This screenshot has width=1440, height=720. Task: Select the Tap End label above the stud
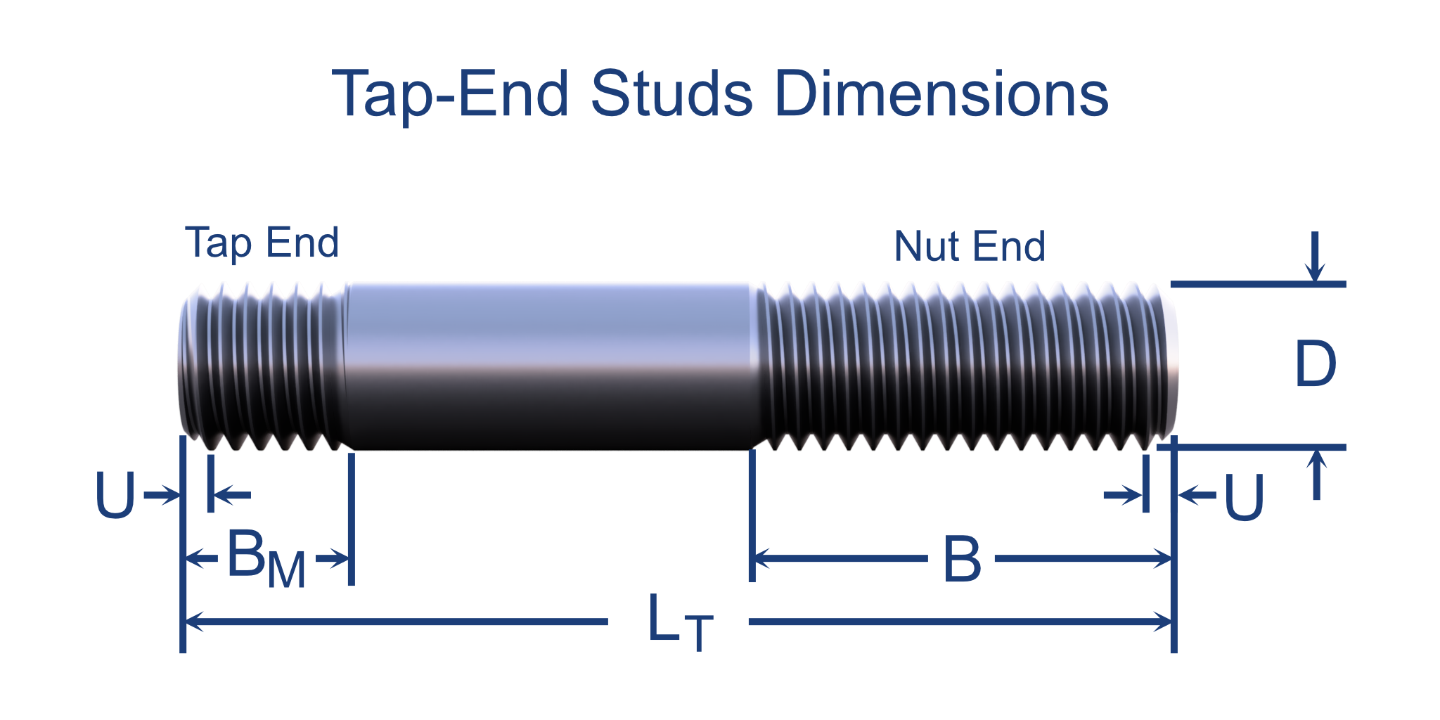click(x=262, y=243)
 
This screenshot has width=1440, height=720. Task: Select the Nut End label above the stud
click(x=970, y=246)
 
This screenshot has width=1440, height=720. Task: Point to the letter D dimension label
click(x=1315, y=364)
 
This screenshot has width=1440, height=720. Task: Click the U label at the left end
click(x=115, y=496)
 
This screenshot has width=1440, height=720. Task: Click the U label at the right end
click(x=1244, y=497)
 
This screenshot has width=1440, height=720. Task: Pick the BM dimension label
click(x=266, y=559)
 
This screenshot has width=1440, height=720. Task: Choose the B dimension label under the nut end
click(x=961, y=559)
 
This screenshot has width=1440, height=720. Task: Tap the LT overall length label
click(x=679, y=621)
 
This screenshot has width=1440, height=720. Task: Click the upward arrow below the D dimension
click(x=1316, y=475)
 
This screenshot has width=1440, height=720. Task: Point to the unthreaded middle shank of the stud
click(x=548, y=366)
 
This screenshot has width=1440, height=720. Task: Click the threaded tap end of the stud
click(x=264, y=366)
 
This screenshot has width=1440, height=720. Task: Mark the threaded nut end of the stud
click(x=963, y=366)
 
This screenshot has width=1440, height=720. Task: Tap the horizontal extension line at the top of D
click(x=1259, y=284)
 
